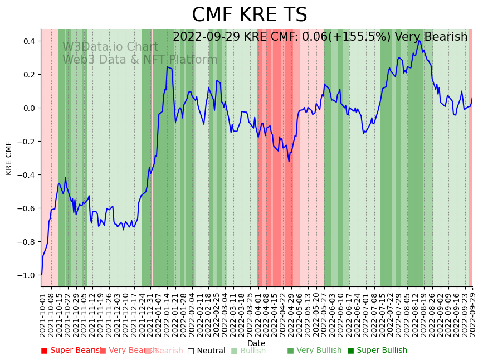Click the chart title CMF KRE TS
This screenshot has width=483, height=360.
point(249,15)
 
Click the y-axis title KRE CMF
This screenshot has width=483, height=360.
point(9,158)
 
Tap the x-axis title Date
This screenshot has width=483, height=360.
point(256,343)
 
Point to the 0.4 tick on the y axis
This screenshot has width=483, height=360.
point(28,41)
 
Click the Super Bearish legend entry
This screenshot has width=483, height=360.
point(71,351)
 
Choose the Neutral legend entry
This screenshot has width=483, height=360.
point(206,351)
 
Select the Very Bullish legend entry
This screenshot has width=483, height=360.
point(315,351)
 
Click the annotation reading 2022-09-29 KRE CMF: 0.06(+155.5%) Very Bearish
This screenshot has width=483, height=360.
point(320,37)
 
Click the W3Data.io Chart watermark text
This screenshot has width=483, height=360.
point(110,47)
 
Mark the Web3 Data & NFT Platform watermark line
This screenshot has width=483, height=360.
point(140,60)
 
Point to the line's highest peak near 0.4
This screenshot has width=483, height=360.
point(419,40)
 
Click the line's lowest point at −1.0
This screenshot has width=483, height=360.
point(41,275)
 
